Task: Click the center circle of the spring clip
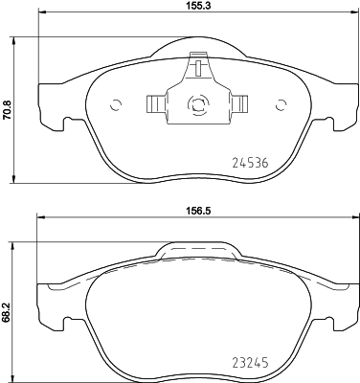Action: coord(199,104)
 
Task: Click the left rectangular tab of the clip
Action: coord(156,102)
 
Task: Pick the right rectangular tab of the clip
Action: coord(240,102)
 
